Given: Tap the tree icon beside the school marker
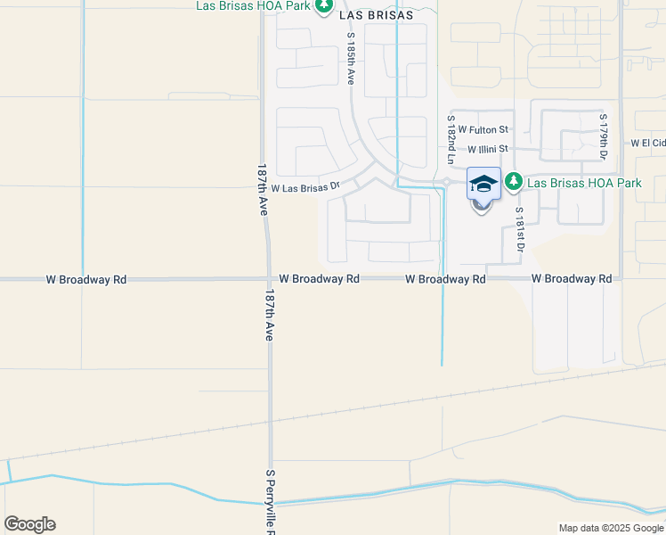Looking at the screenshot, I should [x=514, y=183].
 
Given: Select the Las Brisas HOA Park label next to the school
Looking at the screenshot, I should [x=584, y=183].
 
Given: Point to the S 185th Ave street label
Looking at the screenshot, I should [x=351, y=60].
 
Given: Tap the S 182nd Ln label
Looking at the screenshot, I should [x=451, y=140].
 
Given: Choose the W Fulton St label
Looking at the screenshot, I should [x=483, y=130].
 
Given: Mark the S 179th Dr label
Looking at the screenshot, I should [x=603, y=137].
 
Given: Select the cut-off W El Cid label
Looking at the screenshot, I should [x=647, y=143].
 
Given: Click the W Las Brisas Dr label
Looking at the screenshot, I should [x=305, y=188].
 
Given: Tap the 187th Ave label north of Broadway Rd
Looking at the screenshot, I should [x=262, y=190].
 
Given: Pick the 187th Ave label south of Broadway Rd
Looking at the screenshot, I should [x=269, y=315].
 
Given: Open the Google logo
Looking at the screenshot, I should [x=29, y=524].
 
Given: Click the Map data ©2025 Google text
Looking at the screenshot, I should [x=610, y=528].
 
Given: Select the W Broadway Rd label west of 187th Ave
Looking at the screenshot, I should [x=86, y=279].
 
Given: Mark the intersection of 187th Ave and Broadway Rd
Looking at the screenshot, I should [x=267, y=279].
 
